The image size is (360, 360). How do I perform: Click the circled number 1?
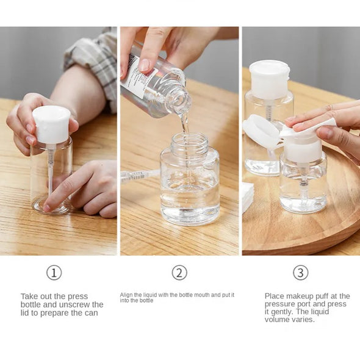coord(54,273)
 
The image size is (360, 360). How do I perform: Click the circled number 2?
coord(179,273)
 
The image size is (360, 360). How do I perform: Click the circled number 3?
coord(300,273)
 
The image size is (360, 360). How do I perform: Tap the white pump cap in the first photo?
coord(51,124)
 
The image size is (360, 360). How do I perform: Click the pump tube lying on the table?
coord(139,176)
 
